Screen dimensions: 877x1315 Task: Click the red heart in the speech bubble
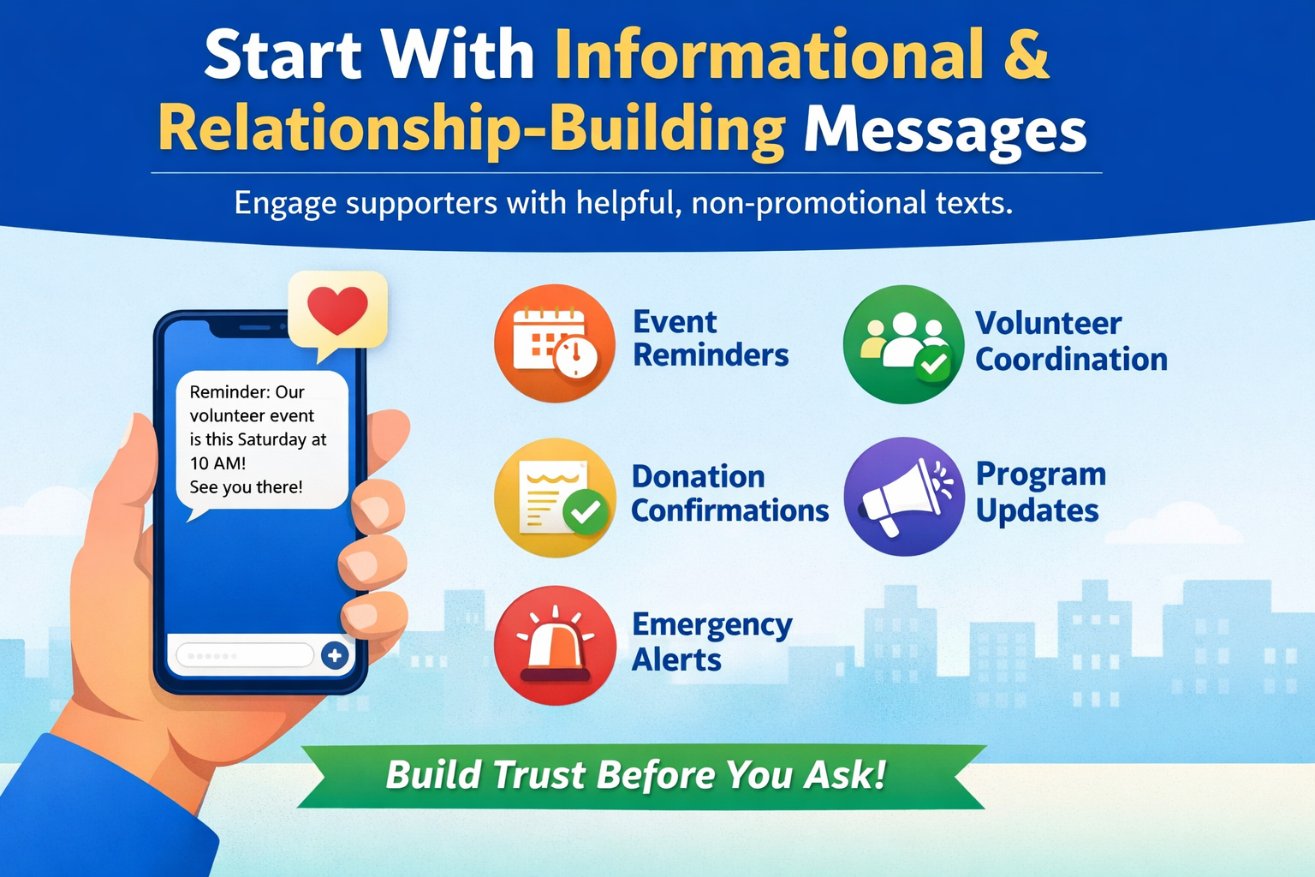[x=337, y=310]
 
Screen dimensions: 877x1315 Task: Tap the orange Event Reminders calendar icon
[x=555, y=343]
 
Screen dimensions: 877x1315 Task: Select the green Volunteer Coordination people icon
[x=903, y=344]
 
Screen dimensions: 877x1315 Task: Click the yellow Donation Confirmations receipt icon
[x=555, y=498]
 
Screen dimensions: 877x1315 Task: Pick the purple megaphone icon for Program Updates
[x=904, y=497]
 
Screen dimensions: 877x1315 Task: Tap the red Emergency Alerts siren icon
[x=555, y=645]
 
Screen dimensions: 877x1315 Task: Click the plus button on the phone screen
[x=334, y=656]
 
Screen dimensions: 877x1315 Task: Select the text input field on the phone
[x=244, y=656]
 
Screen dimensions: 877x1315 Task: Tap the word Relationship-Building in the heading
[x=471, y=131]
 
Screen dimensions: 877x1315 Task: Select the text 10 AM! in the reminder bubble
[x=217, y=463]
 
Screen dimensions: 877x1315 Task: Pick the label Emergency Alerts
[x=711, y=642]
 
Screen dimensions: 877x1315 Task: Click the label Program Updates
[x=1040, y=492]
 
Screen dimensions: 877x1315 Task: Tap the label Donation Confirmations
[x=729, y=494]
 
